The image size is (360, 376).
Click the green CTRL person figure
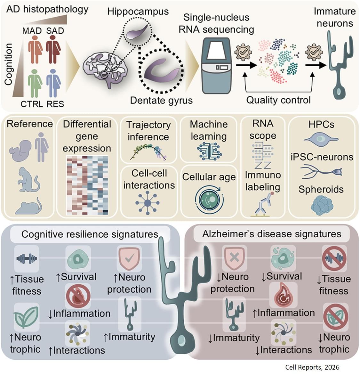point(35,83)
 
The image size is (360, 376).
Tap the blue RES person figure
point(53,83)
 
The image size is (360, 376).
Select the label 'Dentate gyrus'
point(161,100)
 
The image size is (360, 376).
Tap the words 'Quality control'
point(278,100)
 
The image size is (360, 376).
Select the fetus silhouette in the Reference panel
point(20,151)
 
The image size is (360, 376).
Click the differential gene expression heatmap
point(87,185)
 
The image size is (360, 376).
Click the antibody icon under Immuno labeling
point(263,204)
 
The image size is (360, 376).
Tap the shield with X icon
point(235,258)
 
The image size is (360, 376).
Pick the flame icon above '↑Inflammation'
point(283,295)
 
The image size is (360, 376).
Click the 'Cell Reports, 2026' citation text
point(312,367)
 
